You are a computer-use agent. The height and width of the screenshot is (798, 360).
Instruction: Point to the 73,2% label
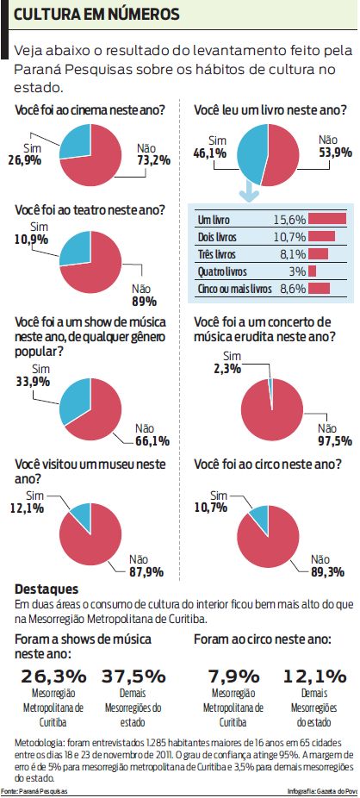tap(154, 159)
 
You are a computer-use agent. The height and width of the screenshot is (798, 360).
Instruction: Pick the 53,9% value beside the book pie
tap(335, 153)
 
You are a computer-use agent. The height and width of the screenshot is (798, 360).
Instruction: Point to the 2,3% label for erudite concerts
tap(225, 369)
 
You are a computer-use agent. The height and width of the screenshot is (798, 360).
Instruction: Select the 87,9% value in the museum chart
tap(146, 571)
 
